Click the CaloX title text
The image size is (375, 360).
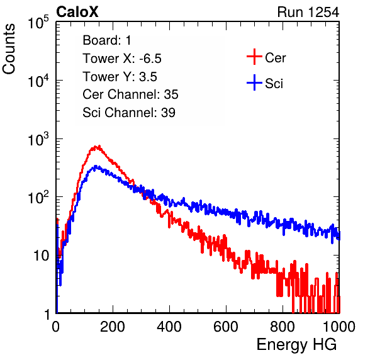pos(77,12)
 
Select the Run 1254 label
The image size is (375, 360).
pos(308,12)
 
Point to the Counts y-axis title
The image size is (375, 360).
pos(9,49)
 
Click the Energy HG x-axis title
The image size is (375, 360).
pos(296,345)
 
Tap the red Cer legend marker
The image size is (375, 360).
pos(254,57)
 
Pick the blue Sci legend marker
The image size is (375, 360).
pos(254,82)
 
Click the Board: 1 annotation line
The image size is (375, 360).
pos(107,40)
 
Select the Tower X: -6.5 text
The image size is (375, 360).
pos(122,59)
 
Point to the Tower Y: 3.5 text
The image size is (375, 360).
pos(120,77)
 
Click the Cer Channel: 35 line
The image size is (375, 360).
pos(130,94)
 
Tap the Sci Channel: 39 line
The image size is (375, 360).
pos(129,113)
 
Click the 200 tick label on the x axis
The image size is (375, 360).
pos(113,326)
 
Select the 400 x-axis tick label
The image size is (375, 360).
pos(169,326)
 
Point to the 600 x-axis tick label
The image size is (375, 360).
pos(226,326)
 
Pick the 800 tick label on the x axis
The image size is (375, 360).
pos(283,326)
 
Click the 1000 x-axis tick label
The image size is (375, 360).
pos(339,326)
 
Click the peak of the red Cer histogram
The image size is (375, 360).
pos(99,146)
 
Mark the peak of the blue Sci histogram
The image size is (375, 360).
pos(96,166)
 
